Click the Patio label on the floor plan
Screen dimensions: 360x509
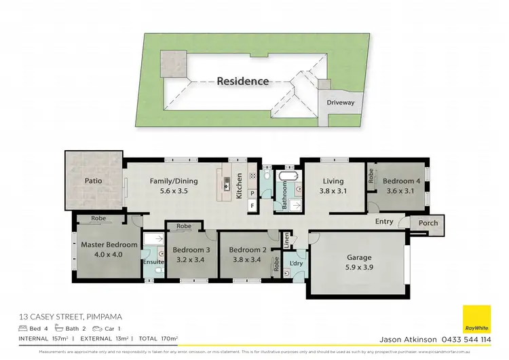[x=93, y=182]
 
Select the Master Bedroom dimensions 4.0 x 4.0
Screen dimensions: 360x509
[x=109, y=255]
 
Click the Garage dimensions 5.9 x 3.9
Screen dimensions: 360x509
[x=359, y=267]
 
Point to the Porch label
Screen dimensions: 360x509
[x=429, y=222]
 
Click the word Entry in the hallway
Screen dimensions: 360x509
[x=384, y=221]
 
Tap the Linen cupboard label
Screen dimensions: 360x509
[x=287, y=240]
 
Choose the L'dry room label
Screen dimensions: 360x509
[x=295, y=263]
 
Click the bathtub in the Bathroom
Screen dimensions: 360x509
[x=288, y=177]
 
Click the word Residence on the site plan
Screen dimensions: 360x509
[x=242, y=81]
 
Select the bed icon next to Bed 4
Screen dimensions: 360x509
[x=23, y=328]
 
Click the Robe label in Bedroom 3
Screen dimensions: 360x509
[x=183, y=226]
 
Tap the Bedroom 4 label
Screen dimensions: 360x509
[x=402, y=181]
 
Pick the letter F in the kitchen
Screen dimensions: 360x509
[x=252, y=204]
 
